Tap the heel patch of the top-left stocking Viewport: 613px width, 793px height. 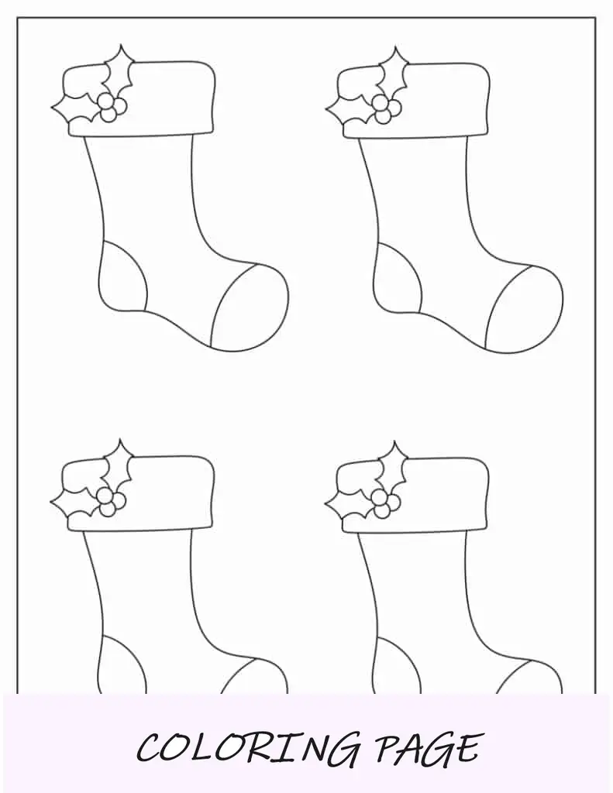click(x=123, y=276)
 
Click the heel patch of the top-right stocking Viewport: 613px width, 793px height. click(x=397, y=278)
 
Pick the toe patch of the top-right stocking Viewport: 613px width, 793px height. click(x=523, y=308)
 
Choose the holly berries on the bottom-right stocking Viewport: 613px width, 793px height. click(x=385, y=503)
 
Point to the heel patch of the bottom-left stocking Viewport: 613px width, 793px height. click(x=122, y=664)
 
